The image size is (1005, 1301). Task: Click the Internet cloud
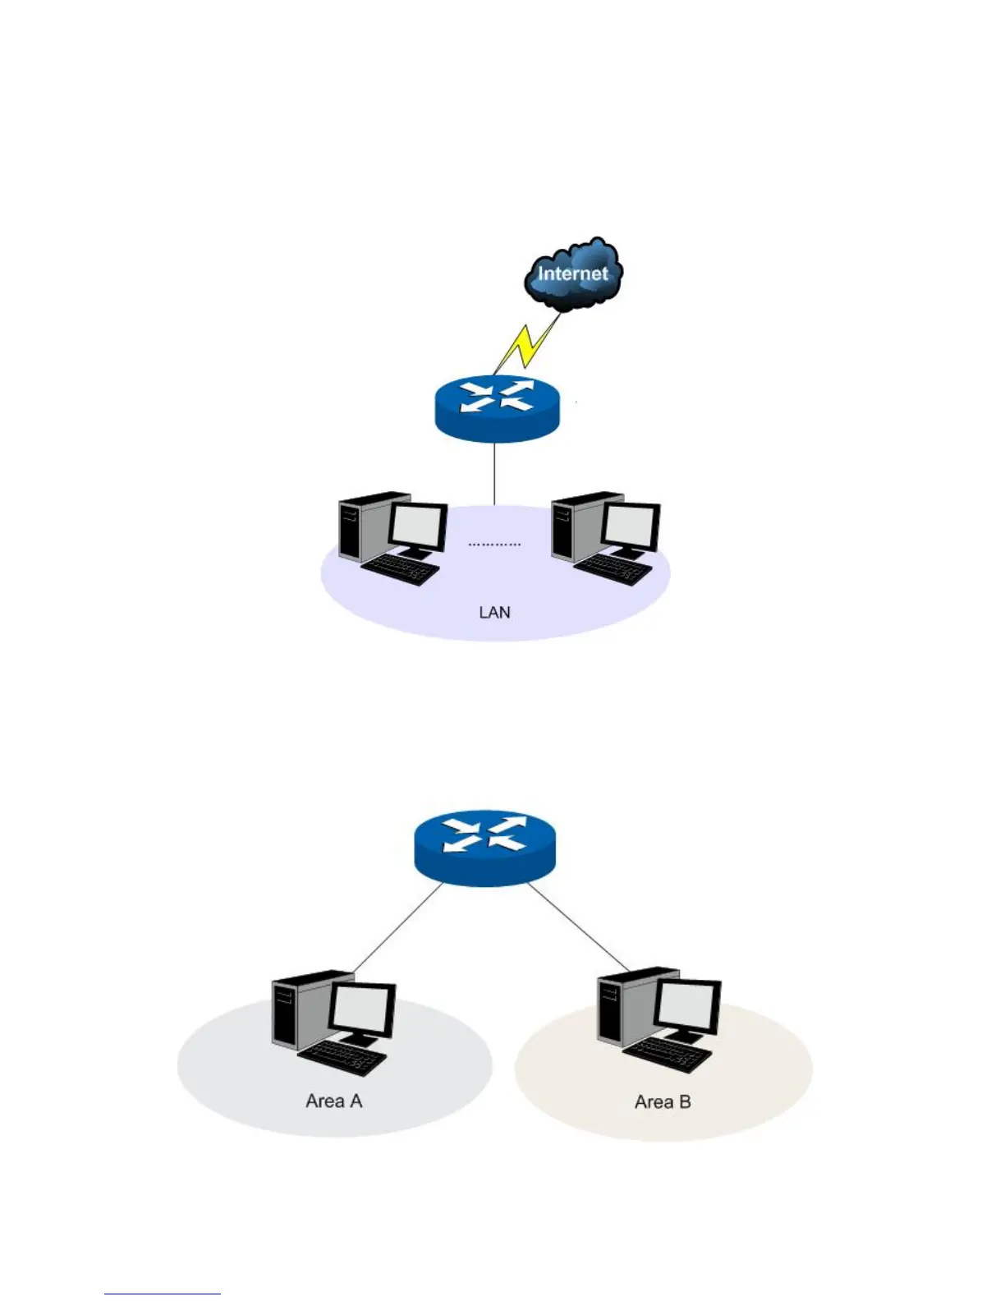tap(573, 275)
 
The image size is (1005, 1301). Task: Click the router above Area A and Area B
tap(485, 848)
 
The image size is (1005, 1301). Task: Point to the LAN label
tap(494, 612)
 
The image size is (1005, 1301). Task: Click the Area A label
tap(333, 1101)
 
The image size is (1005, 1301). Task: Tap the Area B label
tap(663, 1101)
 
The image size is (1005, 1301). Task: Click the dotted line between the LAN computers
tap(494, 545)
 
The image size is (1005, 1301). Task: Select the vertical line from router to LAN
tap(494, 473)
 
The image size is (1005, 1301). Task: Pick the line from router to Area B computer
tap(578, 926)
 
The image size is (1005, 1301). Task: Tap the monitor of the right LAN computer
tap(631, 525)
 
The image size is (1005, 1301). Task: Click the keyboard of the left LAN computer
tap(402, 568)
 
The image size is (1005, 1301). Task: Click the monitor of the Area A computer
tap(362, 1008)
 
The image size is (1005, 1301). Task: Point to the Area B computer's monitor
tap(690, 1004)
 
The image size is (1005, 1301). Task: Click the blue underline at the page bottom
tap(162, 1294)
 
